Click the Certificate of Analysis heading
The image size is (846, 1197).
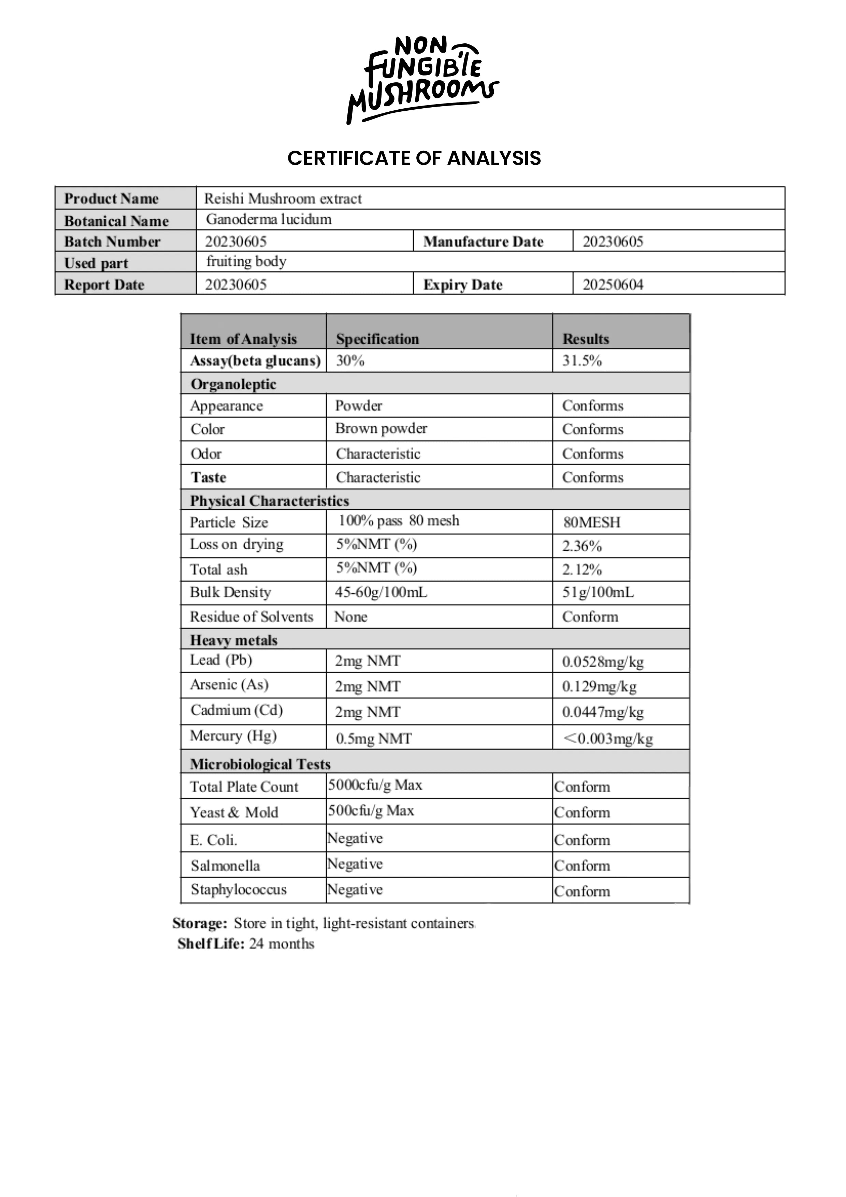coord(414,158)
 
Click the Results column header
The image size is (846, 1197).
coord(586,339)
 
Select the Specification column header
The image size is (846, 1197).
coord(377,339)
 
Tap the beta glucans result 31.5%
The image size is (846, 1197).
coord(582,361)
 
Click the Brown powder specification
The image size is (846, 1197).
coord(381,428)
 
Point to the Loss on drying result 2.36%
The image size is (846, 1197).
coord(582,546)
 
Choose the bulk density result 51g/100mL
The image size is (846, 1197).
coord(598,592)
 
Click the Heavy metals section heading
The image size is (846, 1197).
coord(233,640)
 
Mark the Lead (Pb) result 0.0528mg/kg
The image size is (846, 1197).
coord(603,662)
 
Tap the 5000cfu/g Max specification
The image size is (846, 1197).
coord(375,785)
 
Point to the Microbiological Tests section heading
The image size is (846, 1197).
coord(260,764)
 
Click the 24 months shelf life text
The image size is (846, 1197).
coord(281,944)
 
